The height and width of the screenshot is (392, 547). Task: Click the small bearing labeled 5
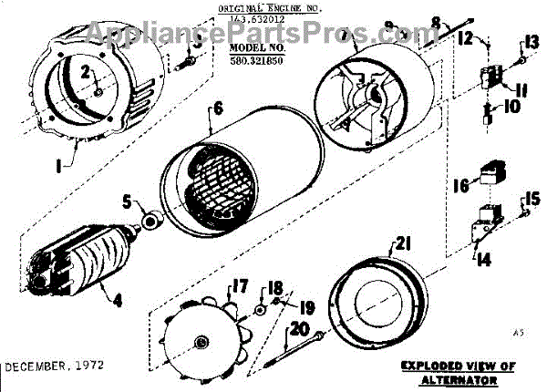click(x=150, y=220)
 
